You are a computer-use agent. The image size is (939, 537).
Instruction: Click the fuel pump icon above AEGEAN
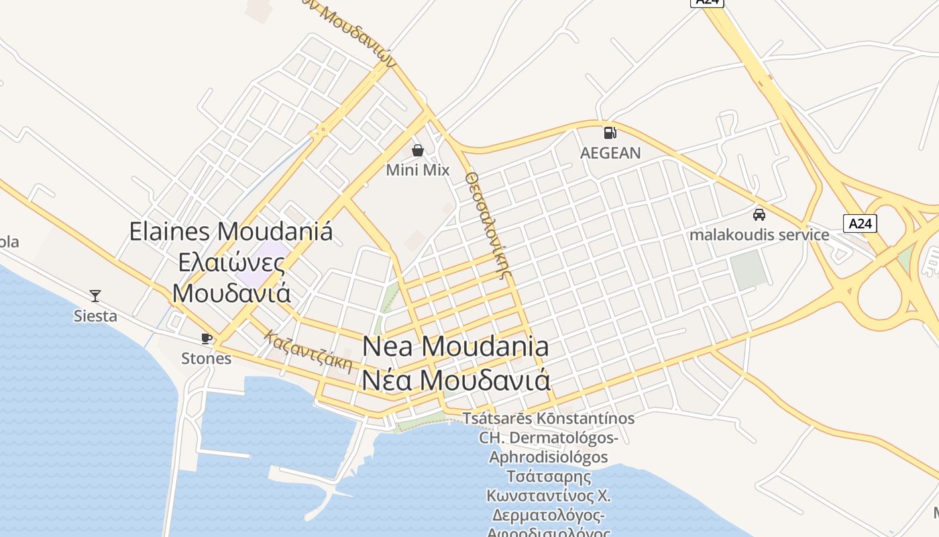pyautogui.click(x=610, y=132)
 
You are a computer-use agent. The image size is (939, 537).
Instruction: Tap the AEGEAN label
pyautogui.click(x=610, y=153)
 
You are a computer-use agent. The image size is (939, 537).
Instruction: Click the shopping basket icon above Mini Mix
pyautogui.click(x=417, y=150)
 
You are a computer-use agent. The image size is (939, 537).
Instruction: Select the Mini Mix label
pyautogui.click(x=417, y=170)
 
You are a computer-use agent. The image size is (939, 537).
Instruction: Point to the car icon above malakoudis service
pyautogui.click(x=759, y=214)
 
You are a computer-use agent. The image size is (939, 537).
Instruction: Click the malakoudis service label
pyautogui.click(x=759, y=235)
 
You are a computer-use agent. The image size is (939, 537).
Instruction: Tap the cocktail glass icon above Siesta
pyautogui.click(x=95, y=295)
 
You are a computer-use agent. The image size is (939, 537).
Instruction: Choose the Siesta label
pyautogui.click(x=95, y=315)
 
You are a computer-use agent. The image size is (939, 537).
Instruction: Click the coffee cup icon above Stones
pyautogui.click(x=206, y=338)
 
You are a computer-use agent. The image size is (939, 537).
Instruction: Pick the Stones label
pyautogui.click(x=206, y=358)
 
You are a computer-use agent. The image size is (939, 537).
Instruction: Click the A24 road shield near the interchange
pyautogui.click(x=860, y=224)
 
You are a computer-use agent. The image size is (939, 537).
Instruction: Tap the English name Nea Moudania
pyautogui.click(x=455, y=346)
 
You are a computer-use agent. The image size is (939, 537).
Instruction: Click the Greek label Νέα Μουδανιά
pyautogui.click(x=455, y=380)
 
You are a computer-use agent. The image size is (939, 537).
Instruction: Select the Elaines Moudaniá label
pyautogui.click(x=231, y=232)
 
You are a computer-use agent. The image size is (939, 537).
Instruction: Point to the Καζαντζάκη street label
pyautogui.click(x=308, y=351)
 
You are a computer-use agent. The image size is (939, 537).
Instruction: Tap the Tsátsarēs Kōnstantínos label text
pyautogui.click(x=549, y=418)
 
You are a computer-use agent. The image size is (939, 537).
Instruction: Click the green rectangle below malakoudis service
pyautogui.click(x=748, y=270)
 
